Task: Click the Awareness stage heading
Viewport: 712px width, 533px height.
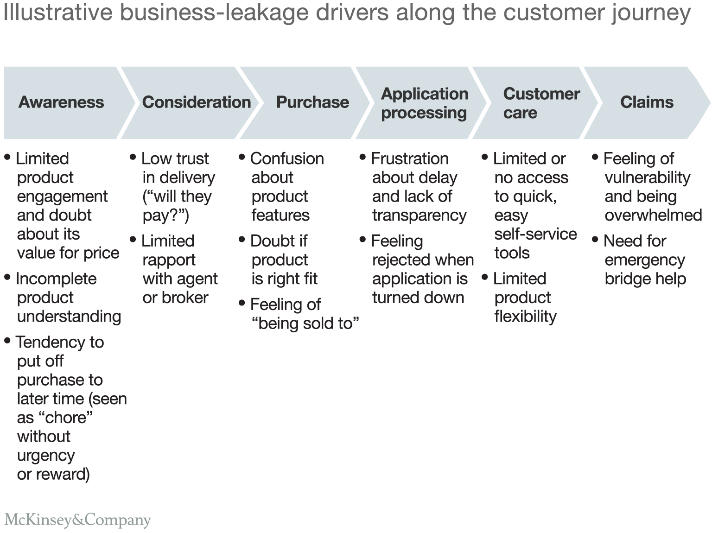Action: pos(61,102)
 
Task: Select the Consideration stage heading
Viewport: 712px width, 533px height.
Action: pos(197,102)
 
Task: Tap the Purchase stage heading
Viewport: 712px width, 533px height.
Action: pos(312,102)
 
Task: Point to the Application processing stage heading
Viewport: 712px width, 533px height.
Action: pos(424,103)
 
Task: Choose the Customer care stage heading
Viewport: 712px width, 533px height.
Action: pos(541,103)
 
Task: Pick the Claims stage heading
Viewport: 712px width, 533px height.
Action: pos(647,102)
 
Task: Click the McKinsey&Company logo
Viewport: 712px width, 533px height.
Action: pos(77,520)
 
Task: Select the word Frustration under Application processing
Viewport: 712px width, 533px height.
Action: pos(410,159)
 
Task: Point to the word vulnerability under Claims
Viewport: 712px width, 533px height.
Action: pos(647,178)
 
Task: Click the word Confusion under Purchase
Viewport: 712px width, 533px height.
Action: pos(287,159)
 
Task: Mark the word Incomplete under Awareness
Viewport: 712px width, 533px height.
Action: pos(56,279)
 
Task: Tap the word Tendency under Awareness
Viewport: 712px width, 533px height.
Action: pos(50,342)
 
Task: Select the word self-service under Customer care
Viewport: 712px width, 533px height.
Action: pos(535,234)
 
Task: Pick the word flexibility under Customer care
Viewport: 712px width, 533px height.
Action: pos(525,317)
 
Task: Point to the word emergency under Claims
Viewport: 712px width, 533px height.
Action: pos(644,260)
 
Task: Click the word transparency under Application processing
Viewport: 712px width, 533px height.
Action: pos(419,216)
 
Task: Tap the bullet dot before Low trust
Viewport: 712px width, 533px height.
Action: pos(133,158)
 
